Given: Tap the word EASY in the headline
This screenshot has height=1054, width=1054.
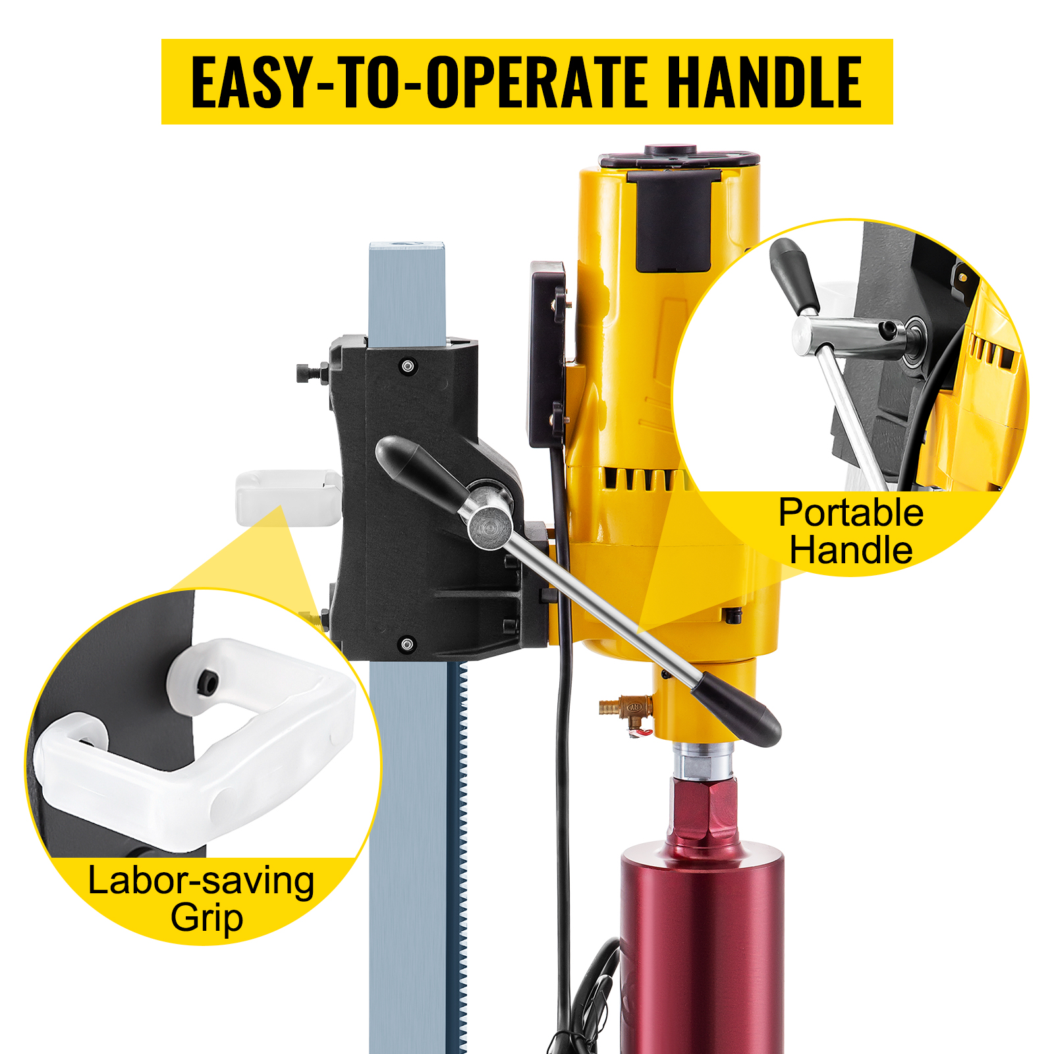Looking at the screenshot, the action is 250,82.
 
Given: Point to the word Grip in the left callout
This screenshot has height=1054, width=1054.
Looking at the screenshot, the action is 207,918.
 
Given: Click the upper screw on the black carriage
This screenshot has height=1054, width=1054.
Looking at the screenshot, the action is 408,365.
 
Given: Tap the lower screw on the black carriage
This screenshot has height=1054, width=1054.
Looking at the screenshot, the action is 408,644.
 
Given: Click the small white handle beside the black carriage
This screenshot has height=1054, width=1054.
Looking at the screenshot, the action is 288,497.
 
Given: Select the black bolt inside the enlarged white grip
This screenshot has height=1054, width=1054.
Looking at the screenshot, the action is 207,683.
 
